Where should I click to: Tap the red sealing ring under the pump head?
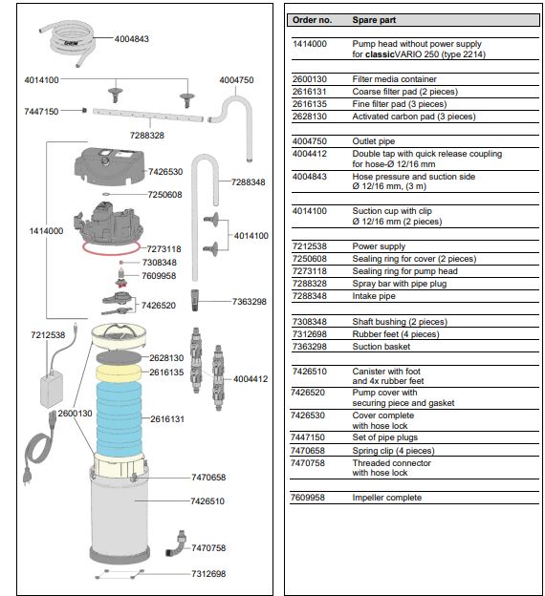click(111, 247)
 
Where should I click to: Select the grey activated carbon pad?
click(119, 357)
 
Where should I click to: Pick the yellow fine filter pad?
click(119, 373)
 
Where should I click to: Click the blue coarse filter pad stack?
click(120, 418)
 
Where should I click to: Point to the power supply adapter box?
click(52, 390)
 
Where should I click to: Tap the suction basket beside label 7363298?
click(195, 300)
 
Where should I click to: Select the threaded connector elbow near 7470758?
click(176, 543)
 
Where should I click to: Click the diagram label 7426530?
click(165, 172)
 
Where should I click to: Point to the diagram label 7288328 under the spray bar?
click(147, 136)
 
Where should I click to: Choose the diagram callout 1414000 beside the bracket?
click(46, 231)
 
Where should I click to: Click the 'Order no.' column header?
click(312, 20)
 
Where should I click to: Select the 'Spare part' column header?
click(374, 20)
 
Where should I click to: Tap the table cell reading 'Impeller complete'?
click(386, 498)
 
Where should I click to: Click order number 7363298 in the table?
click(310, 347)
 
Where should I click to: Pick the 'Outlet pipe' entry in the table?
click(373, 141)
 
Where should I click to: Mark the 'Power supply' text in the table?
click(379, 246)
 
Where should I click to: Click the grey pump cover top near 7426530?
click(109, 165)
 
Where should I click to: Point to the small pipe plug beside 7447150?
click(84, 110)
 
